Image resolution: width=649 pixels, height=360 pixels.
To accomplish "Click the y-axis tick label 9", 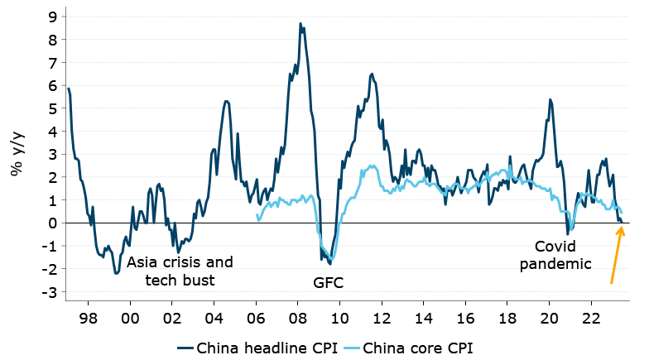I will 52,16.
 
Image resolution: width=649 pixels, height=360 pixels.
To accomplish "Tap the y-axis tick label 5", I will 52,108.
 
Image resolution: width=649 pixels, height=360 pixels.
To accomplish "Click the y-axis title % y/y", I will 17,154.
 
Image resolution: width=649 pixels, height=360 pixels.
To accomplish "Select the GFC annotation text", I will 328,282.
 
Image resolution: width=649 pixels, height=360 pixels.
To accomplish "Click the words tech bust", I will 180,281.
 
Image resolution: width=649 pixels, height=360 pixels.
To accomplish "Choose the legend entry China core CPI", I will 416,347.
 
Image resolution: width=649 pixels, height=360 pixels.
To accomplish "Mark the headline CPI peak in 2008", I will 300,23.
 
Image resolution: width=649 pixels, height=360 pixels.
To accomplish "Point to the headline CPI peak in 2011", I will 373,74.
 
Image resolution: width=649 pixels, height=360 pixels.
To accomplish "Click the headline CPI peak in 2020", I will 550,99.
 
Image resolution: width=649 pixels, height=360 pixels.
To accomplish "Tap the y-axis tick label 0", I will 52,223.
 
